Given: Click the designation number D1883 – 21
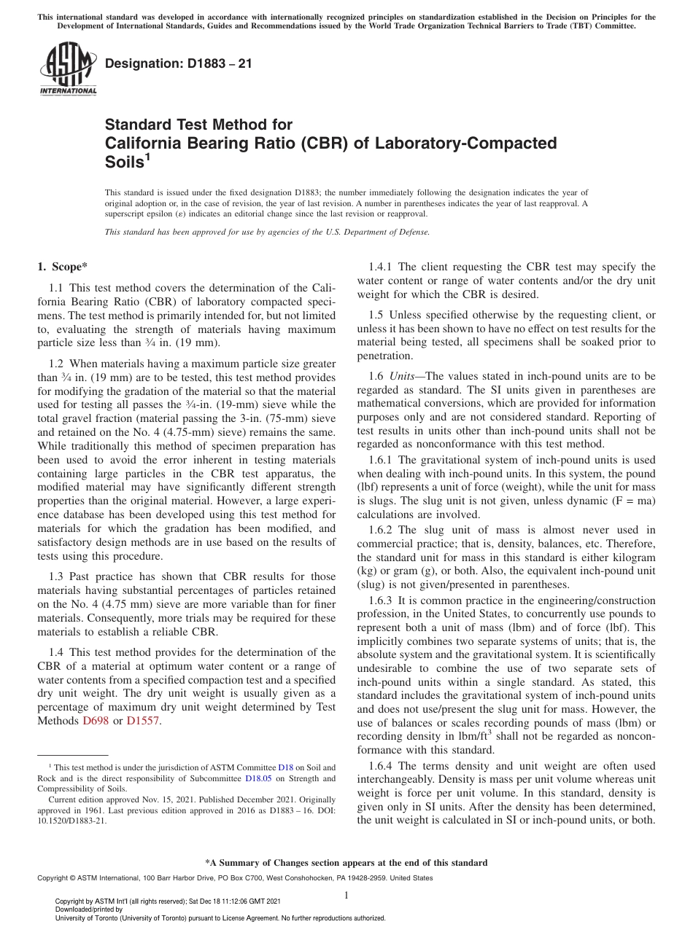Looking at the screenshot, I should pyautogui.click(x=179, y=63).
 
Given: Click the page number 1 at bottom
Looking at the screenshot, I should pyautogui.click(x=346, y=895).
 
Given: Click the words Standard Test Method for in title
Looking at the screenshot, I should pyautogui.click(x=199, y=125).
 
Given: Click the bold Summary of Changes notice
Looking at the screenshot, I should pyautogui.click(x=346, y=863).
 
